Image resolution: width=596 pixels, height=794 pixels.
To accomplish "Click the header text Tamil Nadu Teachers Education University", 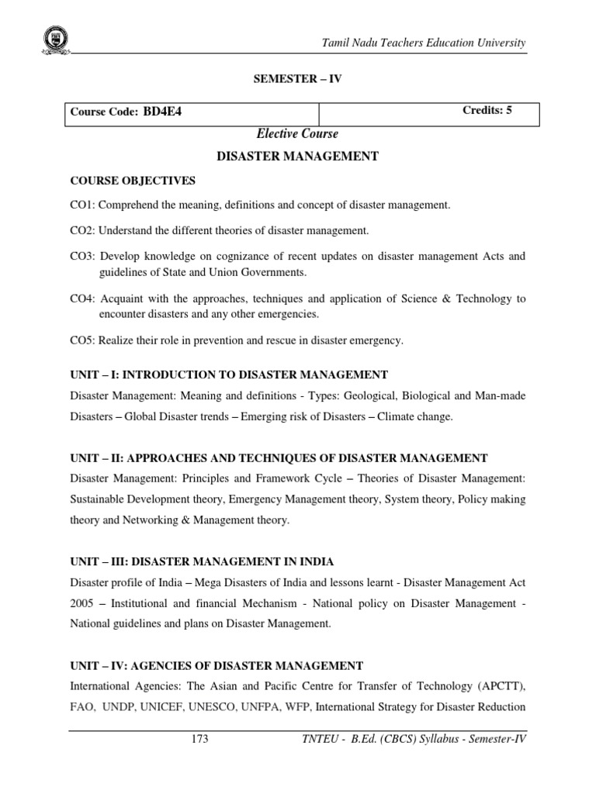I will click(424, 42).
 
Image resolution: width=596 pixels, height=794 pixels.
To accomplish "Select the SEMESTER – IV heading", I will click(297, 80).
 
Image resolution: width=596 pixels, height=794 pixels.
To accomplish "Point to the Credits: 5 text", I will click(487, 110).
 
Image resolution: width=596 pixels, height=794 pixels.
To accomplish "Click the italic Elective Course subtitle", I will click(297, 134).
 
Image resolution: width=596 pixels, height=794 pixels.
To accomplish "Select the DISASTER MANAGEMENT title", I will click(297, 157).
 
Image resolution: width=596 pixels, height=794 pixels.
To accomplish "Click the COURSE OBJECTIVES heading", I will click(133, 181).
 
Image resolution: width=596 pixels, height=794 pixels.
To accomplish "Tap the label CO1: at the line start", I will click(83, 205).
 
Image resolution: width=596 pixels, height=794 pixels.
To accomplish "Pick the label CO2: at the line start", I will click(83, 231).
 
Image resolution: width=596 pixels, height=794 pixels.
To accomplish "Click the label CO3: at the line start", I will click(83, 256).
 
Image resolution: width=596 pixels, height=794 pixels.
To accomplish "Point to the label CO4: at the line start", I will click(83, 299).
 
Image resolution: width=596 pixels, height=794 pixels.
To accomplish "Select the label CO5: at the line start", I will click(83, 340).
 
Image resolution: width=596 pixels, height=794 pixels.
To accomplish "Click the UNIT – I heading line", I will click(229, 375).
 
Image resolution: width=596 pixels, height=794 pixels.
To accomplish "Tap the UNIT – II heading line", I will click(279, 458).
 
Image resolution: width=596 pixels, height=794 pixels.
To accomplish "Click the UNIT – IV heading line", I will click(217, 665).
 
